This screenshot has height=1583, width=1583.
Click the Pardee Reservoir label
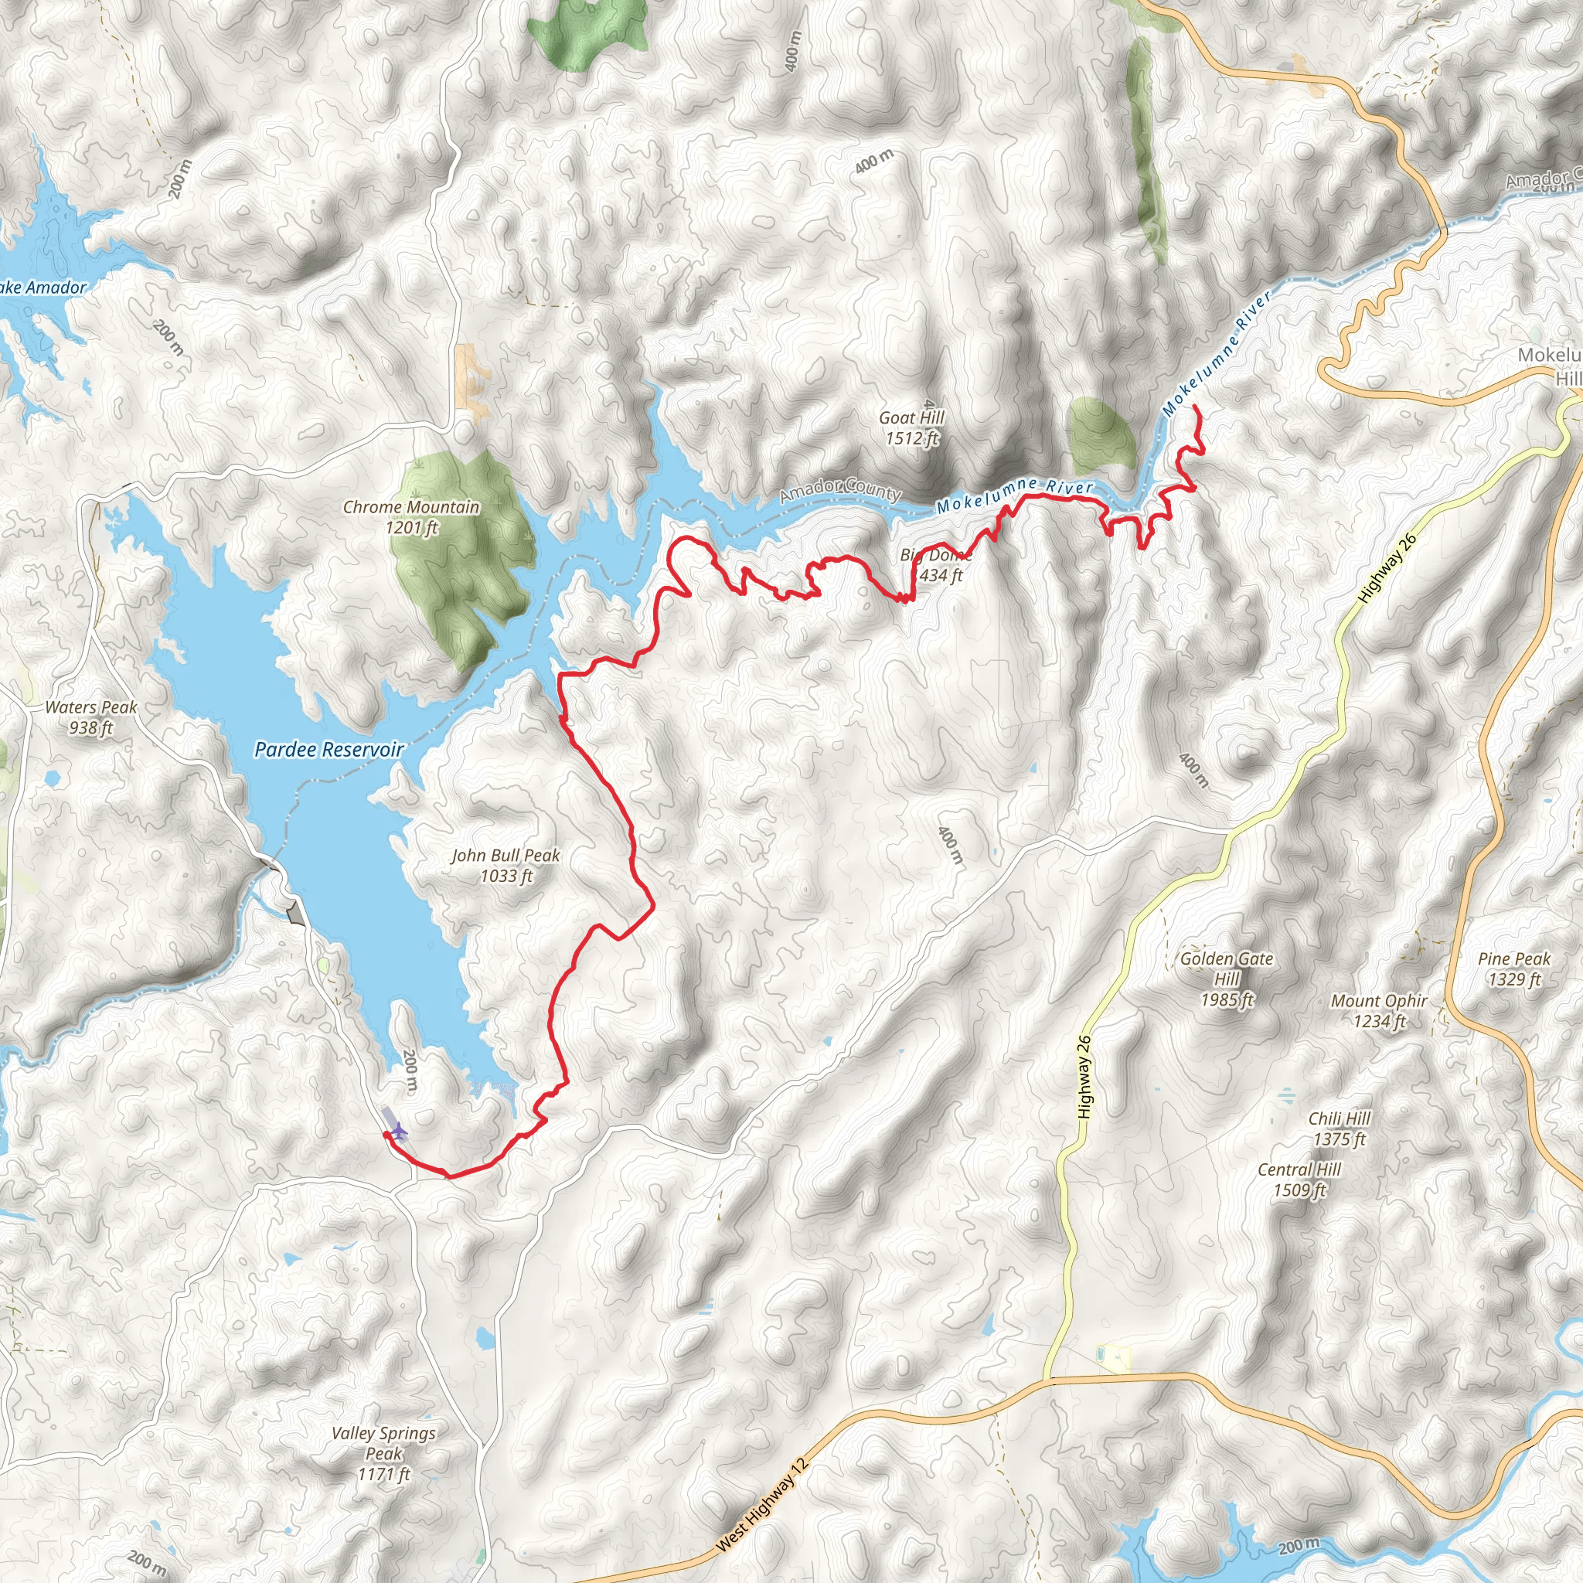point(329,749)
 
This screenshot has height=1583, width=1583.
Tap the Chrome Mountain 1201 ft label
point(411,517)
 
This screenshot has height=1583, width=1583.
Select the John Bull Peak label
point(506,865)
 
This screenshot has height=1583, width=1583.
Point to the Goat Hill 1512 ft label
point(911,427)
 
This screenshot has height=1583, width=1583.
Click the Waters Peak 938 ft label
point(91,717)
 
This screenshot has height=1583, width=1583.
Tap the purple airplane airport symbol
point(398,1132)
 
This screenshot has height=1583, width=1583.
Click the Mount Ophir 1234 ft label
point(1379,1010)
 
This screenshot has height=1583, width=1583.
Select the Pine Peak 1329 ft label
point(1514,969)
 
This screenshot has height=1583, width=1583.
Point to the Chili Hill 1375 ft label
point(1339,1129)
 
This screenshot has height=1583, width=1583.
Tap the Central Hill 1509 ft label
point(1299,1179)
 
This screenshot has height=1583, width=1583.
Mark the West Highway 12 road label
point(762,1504)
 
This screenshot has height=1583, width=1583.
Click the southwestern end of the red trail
point(385,1134)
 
